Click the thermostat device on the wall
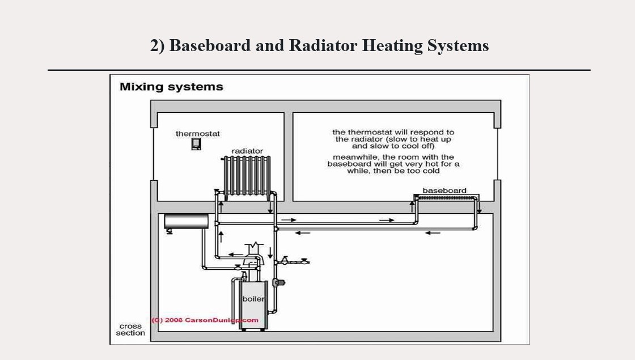coord(196,143)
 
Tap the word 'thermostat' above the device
coord(197,134)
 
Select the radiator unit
coord(247,176)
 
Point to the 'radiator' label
coord(247,151)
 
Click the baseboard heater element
coord(445,197)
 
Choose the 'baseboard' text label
coord(444,190)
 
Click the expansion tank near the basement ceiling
coord(187,221)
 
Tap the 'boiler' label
coord(253,299)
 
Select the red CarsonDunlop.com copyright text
coord(205,320)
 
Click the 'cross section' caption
coord(130,329)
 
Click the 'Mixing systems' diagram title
coord(171,87)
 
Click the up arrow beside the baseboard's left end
coord(412,207)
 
